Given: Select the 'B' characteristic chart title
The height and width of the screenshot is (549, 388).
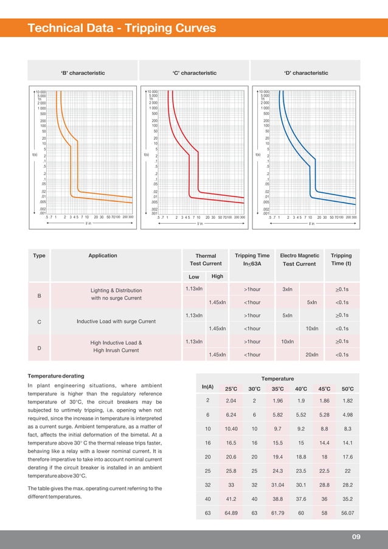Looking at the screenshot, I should [83, 73].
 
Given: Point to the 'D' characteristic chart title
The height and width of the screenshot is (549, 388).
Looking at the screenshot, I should [306, 73].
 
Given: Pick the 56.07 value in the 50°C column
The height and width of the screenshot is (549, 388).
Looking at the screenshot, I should [347, 514].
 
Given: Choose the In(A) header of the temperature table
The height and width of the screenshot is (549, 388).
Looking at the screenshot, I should [207, 387].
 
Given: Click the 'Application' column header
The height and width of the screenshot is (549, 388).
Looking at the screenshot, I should [103, 255].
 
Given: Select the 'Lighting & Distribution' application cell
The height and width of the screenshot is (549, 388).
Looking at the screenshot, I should [116, 291].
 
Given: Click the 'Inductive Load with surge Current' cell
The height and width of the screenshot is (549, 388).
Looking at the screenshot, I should [116, 321].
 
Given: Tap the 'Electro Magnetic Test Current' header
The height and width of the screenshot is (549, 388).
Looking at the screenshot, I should [299, 260].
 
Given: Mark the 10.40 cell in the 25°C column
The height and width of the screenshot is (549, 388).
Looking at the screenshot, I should [231, 429].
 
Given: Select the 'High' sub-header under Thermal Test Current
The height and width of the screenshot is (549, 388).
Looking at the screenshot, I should [217, 277].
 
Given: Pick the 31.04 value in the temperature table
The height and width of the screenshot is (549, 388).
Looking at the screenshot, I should [277, 486].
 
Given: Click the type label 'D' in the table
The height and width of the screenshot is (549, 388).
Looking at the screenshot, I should [39, 348].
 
